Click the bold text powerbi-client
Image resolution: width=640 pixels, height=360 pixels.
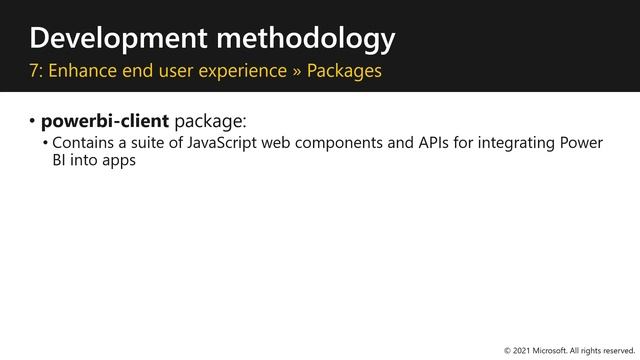click(105, 122)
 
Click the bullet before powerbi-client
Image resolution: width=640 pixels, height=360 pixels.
click(32, 122)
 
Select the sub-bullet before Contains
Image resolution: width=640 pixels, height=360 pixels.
click(45, 143)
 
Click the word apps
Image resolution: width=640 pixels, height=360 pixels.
click(117, 160)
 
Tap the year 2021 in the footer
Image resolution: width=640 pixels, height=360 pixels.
click(522, 351)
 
